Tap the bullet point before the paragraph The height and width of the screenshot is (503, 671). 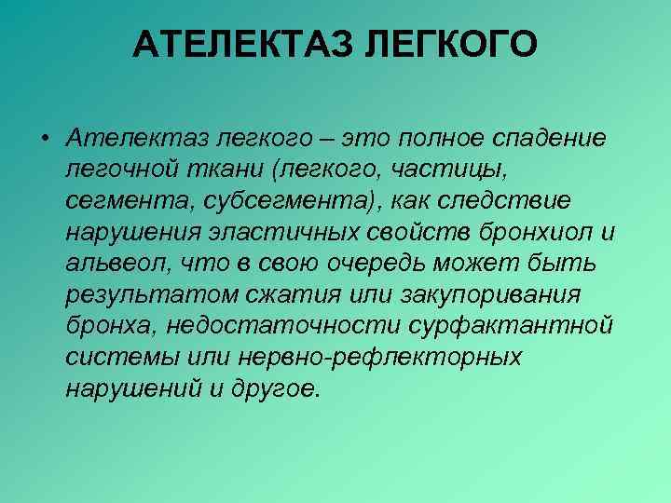tap(44, 138)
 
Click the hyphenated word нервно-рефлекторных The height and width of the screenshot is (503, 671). tap(382, 358)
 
